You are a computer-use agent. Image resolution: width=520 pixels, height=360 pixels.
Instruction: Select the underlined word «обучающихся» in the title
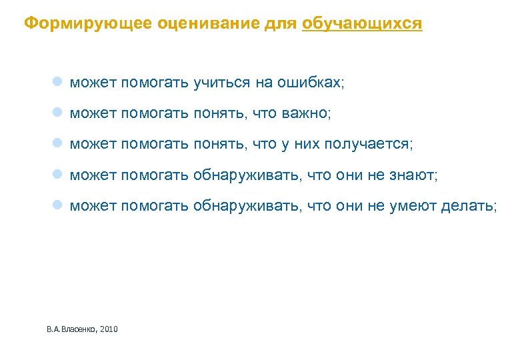tap(362, 24)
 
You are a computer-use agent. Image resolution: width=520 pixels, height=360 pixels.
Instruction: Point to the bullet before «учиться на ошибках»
tap(58, 83)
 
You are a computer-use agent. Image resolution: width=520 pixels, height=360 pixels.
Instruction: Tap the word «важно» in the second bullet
tap(308, 114)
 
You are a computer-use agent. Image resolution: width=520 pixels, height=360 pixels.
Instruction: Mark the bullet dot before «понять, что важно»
tap(58, 113)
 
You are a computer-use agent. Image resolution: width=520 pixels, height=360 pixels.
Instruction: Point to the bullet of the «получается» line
tap(58, 144)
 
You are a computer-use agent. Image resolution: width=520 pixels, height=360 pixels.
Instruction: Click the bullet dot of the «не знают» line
tap(58, 175)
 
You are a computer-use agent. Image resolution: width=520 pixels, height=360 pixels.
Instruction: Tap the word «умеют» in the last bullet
tap(412, 206)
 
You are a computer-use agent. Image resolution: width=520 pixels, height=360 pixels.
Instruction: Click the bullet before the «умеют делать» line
tap(58, 205)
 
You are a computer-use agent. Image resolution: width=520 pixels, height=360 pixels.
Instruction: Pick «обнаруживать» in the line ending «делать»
tap(247, 206)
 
